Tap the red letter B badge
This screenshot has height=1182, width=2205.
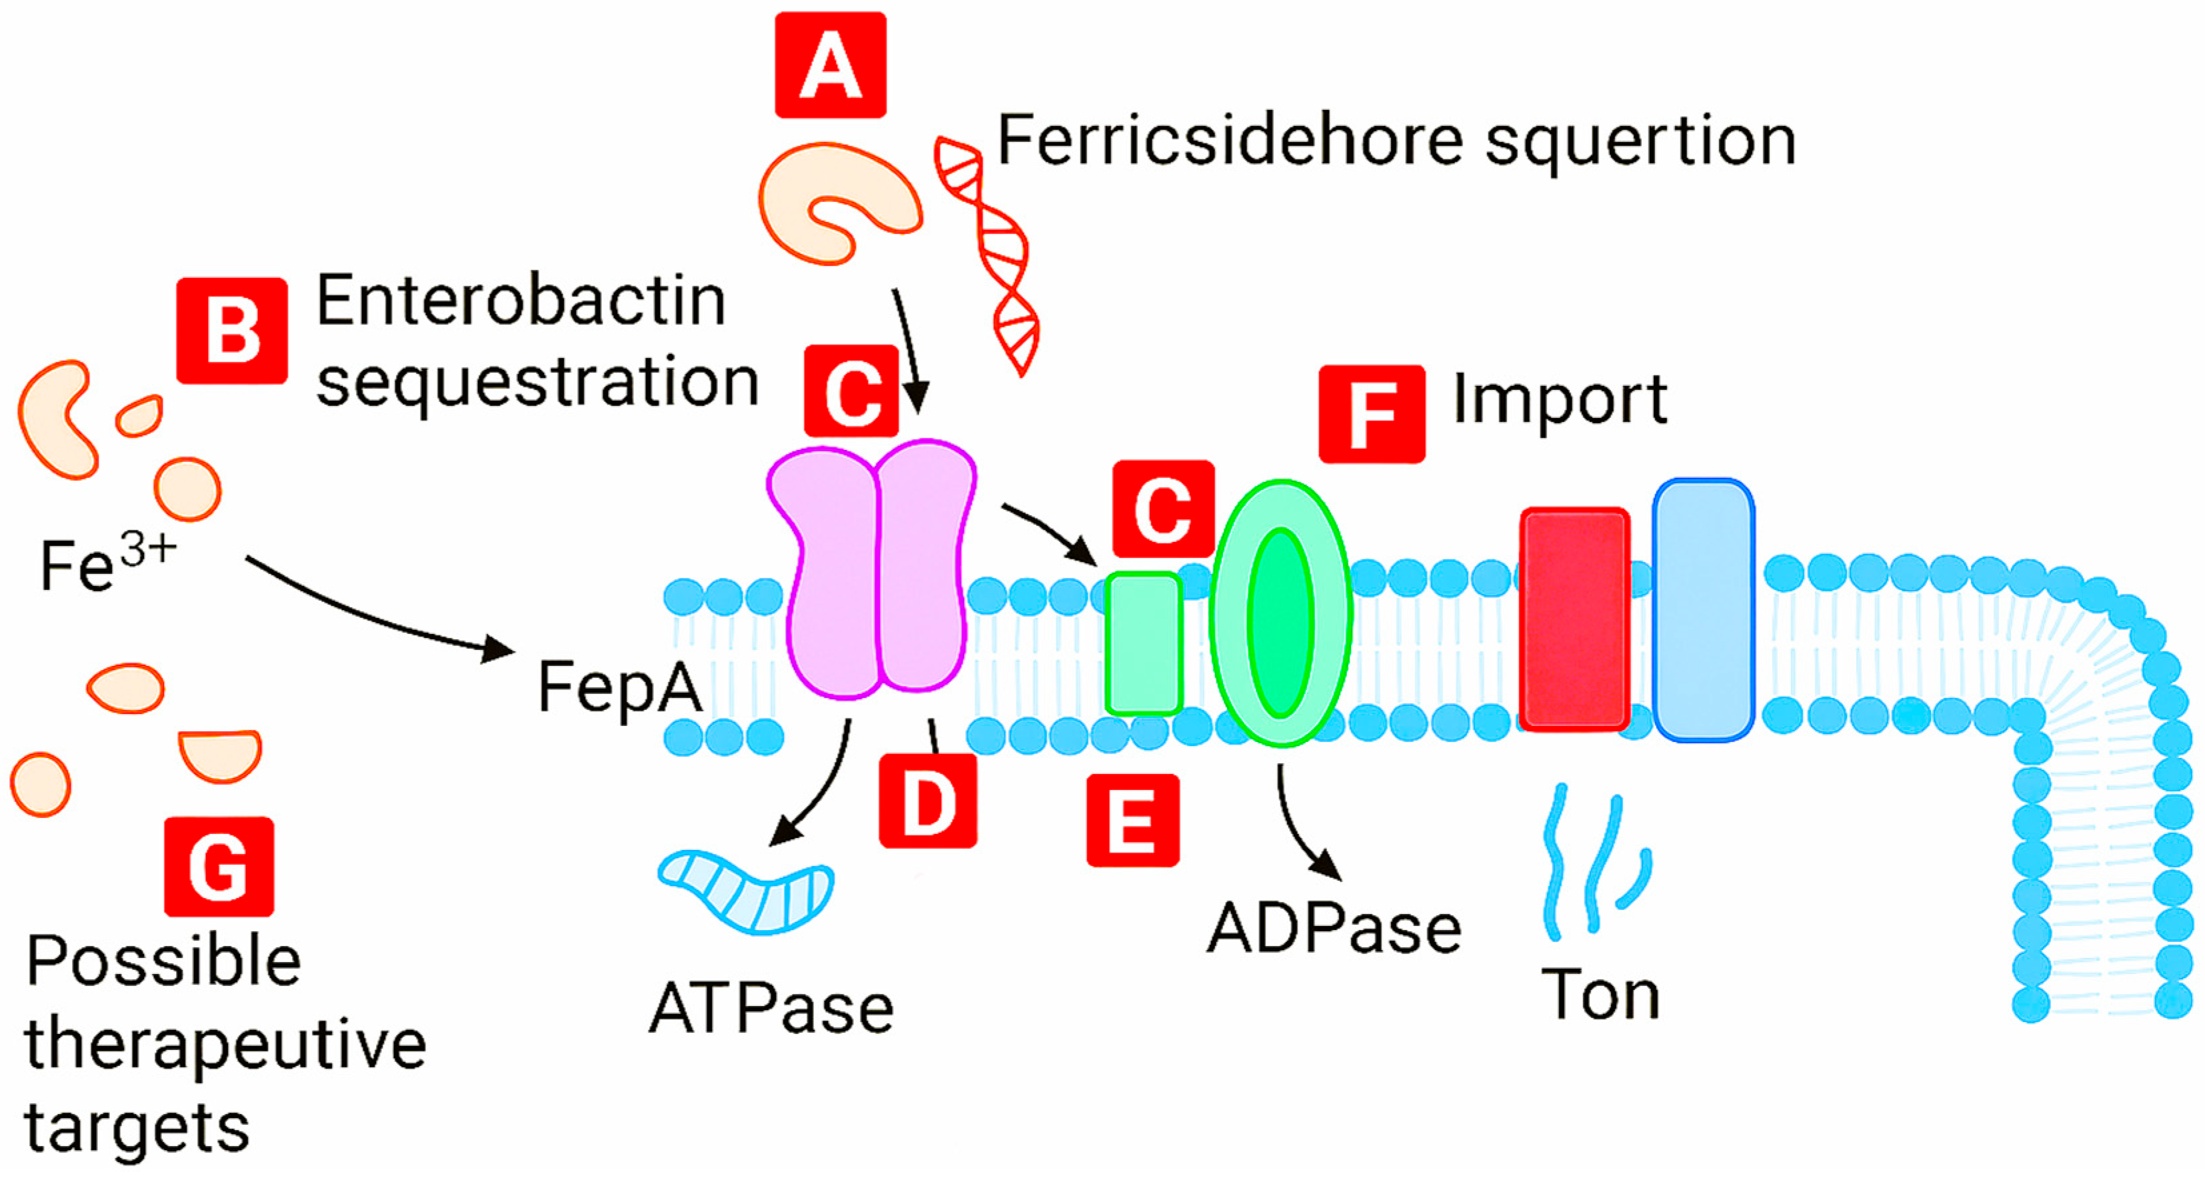coord(231,331)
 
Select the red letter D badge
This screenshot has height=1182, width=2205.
coord(928,801)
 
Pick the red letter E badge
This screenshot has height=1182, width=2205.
coord(1132,820)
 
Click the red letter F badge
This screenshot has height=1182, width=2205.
coord(1371,414)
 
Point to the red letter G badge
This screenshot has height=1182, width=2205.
coord(219,866)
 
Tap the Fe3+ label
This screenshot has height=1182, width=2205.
coord(107,564)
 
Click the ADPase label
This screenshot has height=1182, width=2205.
coord(1334,929)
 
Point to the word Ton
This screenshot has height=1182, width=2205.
coord(1600,995)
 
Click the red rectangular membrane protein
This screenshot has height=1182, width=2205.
coord(1573,619)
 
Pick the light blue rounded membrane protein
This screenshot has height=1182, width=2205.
coord(1703,609)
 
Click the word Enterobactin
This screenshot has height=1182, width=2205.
coord(521,301)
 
